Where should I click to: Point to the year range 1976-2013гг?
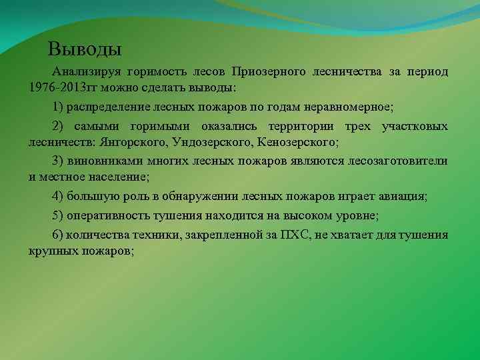coord(67,87)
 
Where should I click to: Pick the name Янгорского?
coord(131,142)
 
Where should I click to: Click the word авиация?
coord(403,197)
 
